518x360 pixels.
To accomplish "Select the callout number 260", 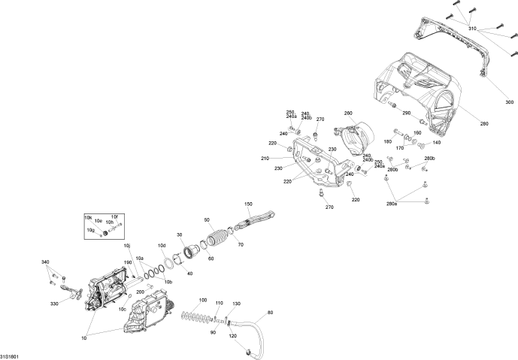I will (x=348, y=113).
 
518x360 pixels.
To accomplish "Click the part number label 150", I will (x=249, y=204).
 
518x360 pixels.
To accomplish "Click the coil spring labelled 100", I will (x=195, y=315).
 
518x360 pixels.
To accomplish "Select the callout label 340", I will (x=46, y=262).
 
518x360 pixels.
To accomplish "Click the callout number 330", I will (x=54, y=304).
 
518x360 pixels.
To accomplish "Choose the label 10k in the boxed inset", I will (x=89, y=217).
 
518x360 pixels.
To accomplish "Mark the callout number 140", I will (x=437, y=142).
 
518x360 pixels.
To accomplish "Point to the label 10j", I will (x=126, y=246).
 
